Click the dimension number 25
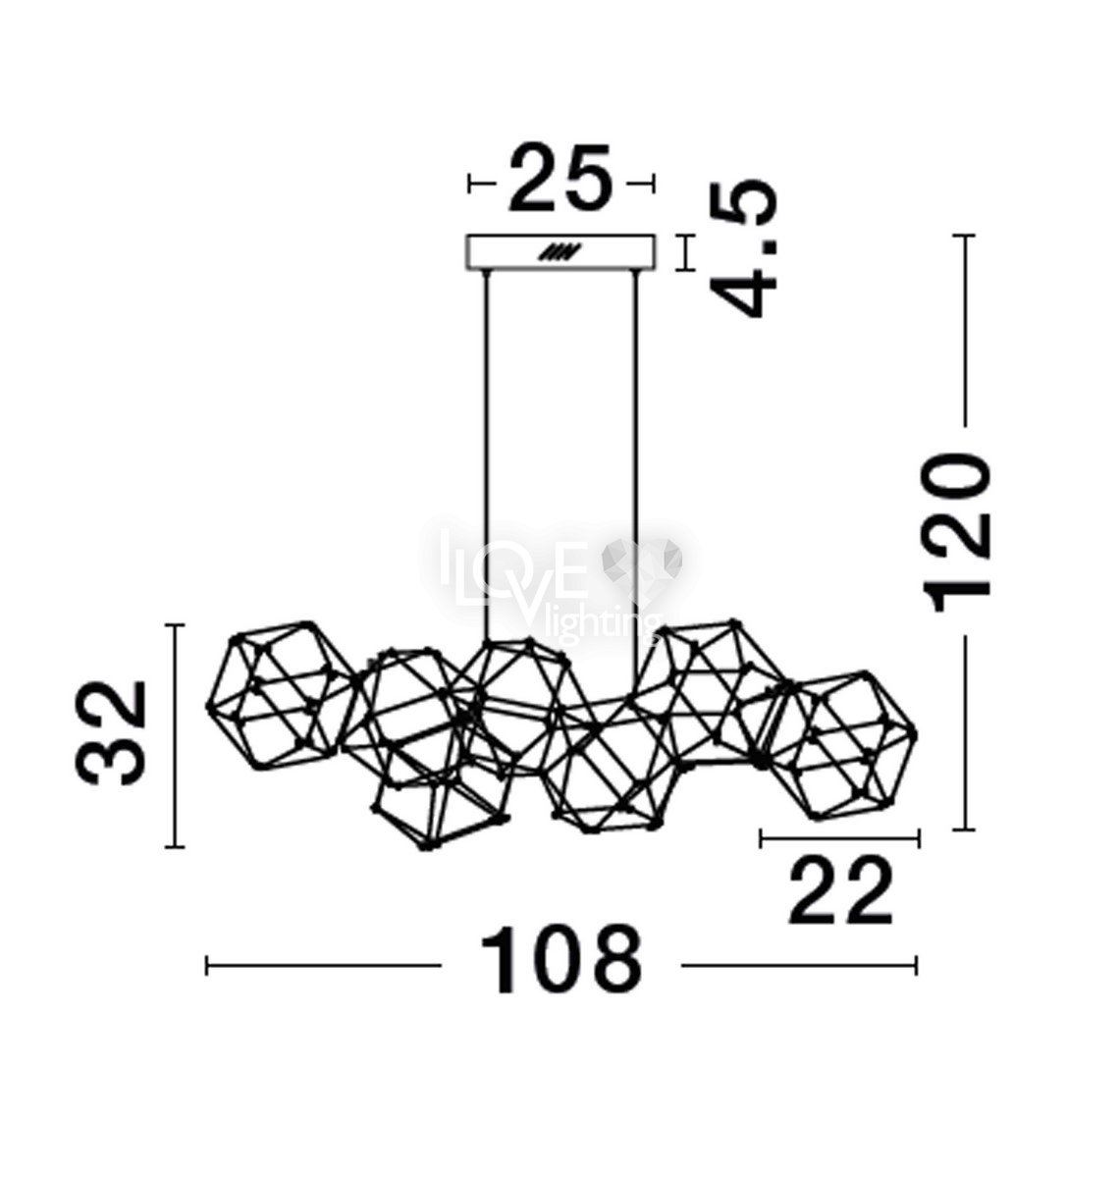pyautogui.click(x=560, y=178)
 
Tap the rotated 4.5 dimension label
pyautogui.click(x=744, y=250)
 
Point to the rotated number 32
pyautogui.click(x=111, y=732)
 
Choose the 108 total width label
pyautogui.click(x=560, y=967)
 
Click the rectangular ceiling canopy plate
pyautogui.click(x=560, y=253)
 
